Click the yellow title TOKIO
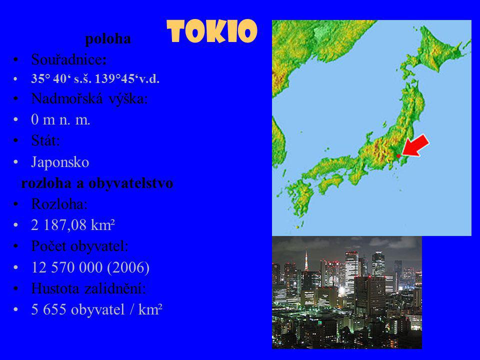212,31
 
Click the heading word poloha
108,39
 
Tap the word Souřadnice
69,59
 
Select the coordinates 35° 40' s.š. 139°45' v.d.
95,79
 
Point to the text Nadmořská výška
89,98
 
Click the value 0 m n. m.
60,119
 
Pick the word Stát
45,140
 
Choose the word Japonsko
60,162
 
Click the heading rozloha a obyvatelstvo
97,183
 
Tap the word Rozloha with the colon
59,204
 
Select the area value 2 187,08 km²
73,225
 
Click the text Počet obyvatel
79,246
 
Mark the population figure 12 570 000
66,267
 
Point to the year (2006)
128,267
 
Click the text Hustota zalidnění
88,288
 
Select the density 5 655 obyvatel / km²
96,309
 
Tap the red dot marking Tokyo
398,156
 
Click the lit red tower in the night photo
306,261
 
